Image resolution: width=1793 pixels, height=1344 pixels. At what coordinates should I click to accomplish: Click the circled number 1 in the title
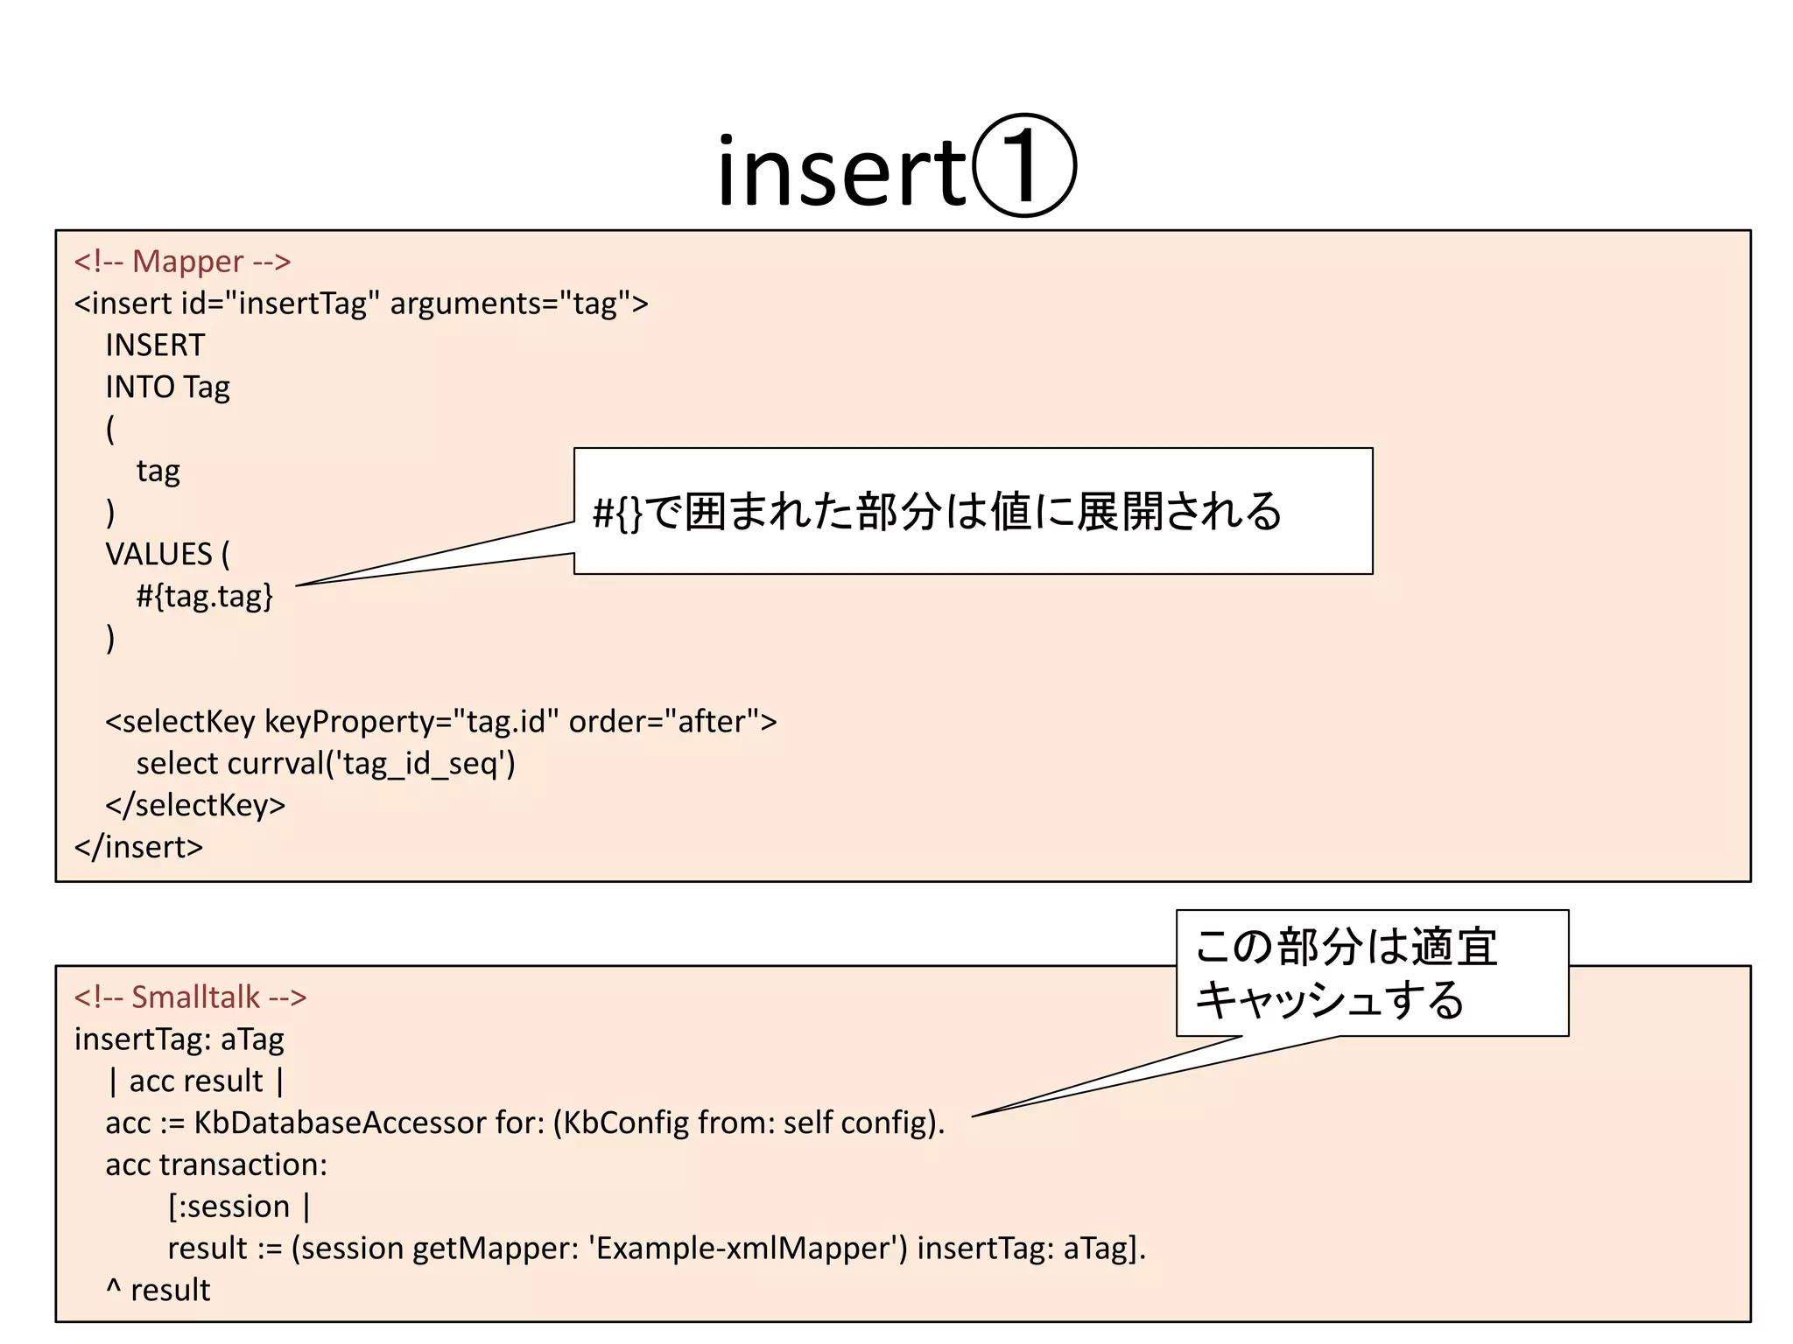click(1024, 166)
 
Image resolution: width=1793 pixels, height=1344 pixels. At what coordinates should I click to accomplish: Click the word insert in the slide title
click(840, 173)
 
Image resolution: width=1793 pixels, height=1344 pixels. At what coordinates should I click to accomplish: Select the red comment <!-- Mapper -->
click(182, 262)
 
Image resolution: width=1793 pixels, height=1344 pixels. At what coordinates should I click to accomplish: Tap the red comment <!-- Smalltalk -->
click(190, 997)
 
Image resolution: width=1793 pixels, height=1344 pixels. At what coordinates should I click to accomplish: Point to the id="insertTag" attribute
click(280, 304)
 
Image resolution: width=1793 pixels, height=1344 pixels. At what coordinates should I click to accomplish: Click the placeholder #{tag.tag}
click(205, 597)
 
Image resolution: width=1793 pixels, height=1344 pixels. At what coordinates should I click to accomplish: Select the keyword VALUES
click(158, 555)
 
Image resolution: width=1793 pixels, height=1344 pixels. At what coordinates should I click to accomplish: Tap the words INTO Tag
click(167, 388)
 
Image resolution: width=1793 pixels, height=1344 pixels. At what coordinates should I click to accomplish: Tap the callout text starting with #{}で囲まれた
click(937, 512)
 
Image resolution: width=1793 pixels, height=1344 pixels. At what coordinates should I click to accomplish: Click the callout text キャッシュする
click(1329, 1000)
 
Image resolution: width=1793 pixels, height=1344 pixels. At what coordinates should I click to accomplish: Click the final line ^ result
click(158, 1291)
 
